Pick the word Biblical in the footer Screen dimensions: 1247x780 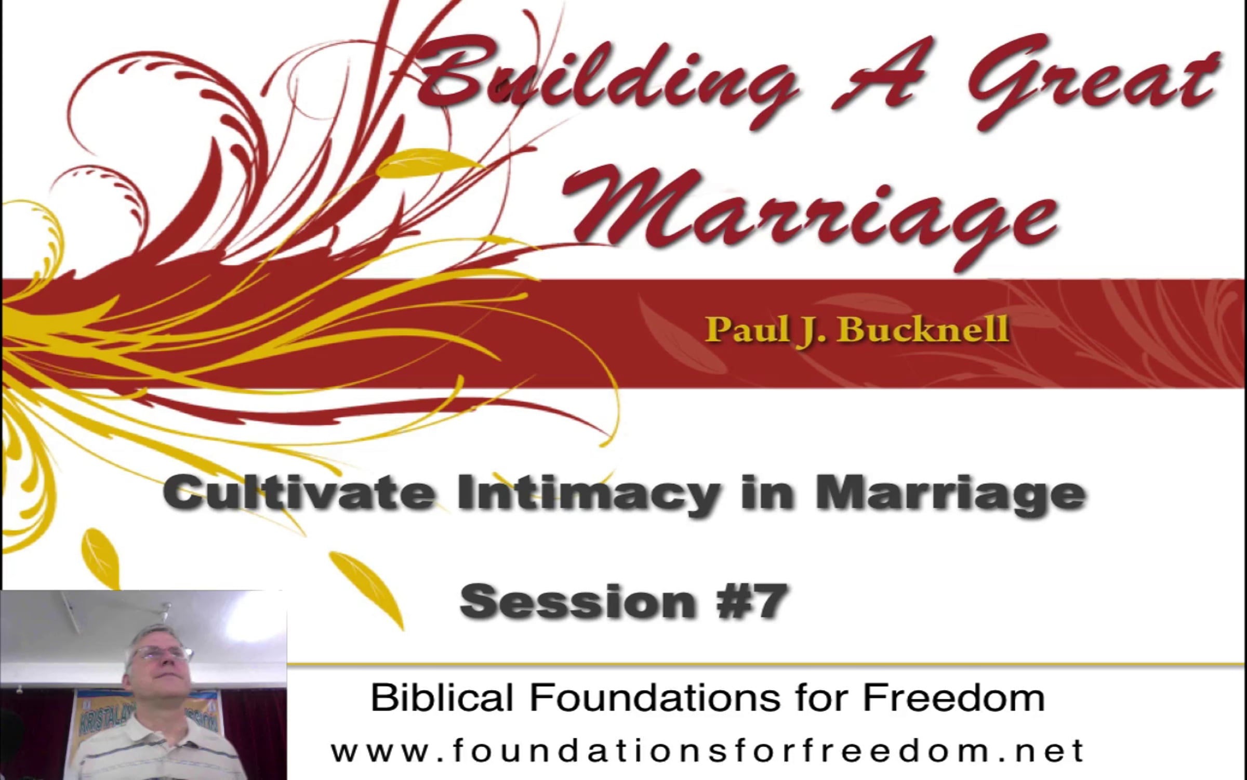(442, 697)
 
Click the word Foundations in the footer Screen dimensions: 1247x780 (655, 697)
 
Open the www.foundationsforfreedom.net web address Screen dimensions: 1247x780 (707, 751)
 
